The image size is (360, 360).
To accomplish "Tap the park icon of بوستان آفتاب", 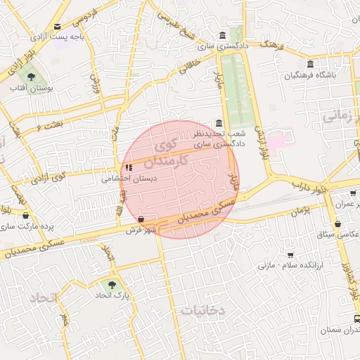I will [x=30, y=76].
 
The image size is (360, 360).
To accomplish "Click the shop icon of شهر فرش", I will [x=143, y=219].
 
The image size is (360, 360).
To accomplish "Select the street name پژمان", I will [x=298, y=210].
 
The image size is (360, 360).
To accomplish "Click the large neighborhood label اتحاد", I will [x=42, y=298].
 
